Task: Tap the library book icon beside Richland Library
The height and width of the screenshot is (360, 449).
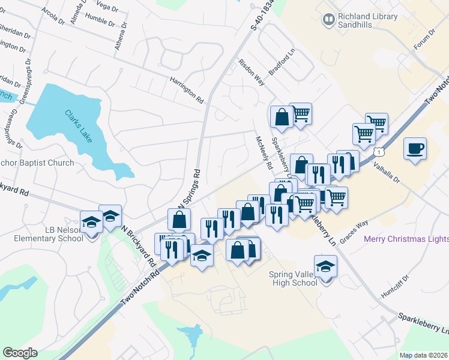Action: [328, 20]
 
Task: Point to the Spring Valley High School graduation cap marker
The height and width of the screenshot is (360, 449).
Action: [325, 266]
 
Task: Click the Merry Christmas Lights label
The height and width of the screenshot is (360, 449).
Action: [406, 239]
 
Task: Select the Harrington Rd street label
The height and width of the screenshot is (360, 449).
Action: [187, 88]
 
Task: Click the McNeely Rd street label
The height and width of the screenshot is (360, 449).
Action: [264, 152]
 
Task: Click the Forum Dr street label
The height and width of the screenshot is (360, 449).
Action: [424, 41]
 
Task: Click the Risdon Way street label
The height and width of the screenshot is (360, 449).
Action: [252, 71]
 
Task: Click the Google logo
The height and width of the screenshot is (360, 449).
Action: [20, 353]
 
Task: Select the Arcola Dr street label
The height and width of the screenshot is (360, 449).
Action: [53, 16]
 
